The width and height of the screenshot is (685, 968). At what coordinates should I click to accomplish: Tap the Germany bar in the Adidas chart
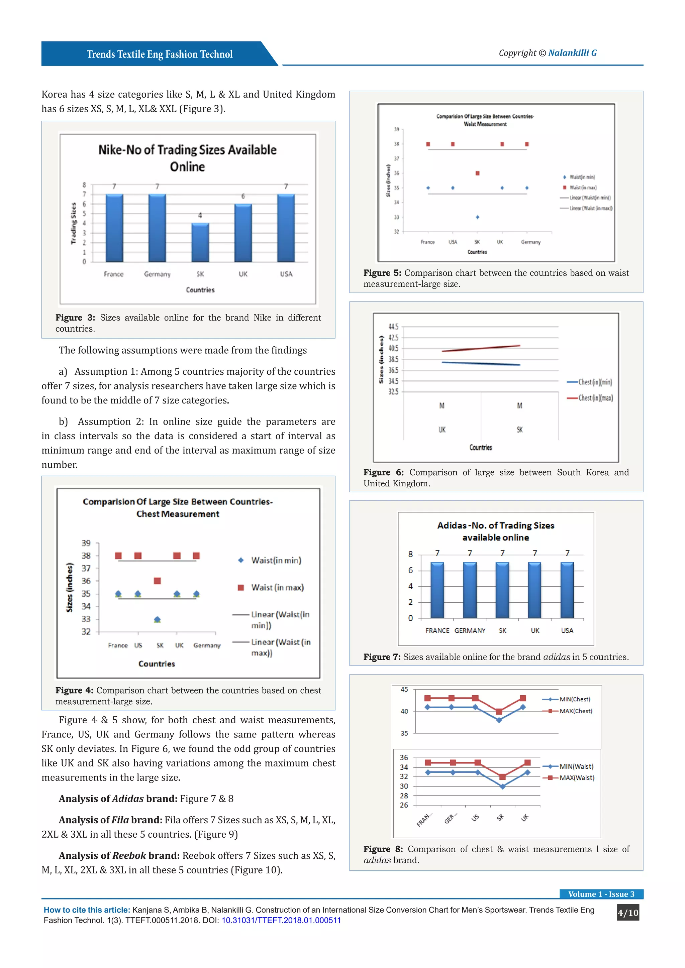(470, 590)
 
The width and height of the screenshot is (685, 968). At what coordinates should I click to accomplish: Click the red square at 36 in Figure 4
(157, 581)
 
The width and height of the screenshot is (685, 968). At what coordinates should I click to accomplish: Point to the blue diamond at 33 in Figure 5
(478, 217)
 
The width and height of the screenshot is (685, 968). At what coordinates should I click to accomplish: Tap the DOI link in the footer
(281, 920)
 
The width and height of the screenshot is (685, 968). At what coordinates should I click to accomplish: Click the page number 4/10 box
(627, 913)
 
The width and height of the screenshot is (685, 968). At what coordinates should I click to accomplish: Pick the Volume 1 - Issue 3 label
(601, 894)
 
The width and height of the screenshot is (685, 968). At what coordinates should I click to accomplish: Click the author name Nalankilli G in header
(572, 53)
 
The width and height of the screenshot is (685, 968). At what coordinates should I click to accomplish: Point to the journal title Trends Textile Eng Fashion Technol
(160, 54)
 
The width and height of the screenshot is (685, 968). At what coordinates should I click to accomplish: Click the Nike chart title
(187, 158)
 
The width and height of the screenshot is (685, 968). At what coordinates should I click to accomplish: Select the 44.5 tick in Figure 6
(393, 327)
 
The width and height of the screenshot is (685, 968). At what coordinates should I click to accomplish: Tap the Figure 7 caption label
(382, 657)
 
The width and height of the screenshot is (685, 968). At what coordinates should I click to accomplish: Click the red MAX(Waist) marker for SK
(502, 776)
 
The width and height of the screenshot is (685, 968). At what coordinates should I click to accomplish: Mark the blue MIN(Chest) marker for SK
(499, 720)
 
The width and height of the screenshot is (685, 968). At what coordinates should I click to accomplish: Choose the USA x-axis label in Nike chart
(286, 274)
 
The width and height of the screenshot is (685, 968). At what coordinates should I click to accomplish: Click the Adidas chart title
(496, 531)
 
